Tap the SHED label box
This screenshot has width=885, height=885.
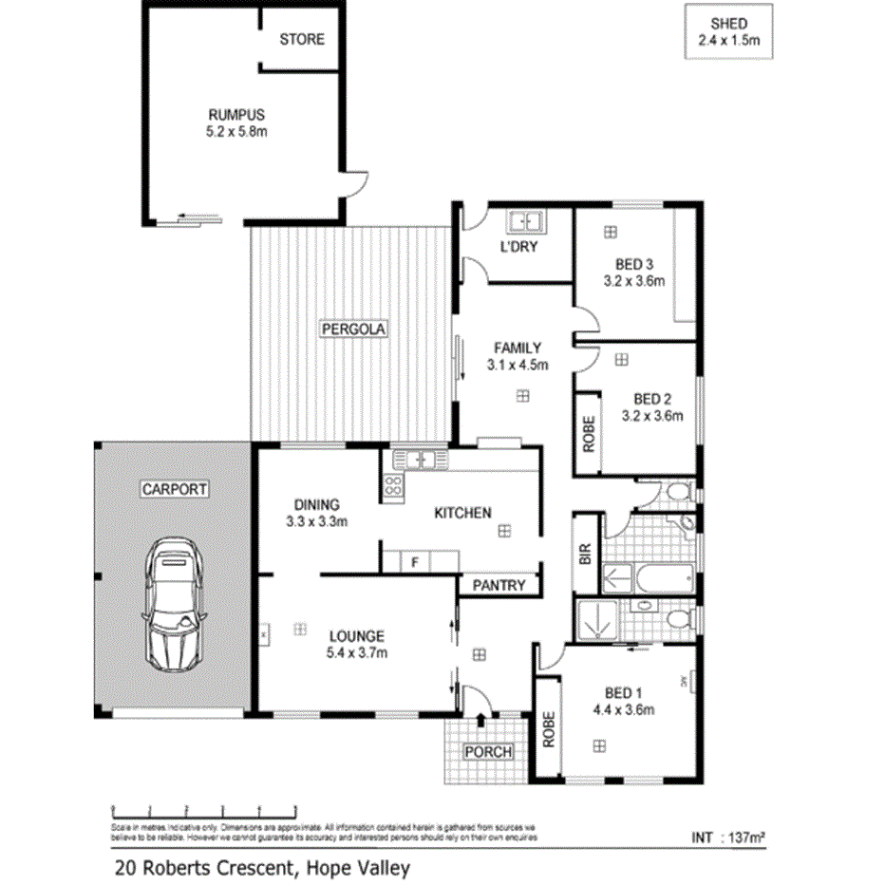click(x=729, y=32)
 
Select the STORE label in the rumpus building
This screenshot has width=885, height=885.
click(x=301, y=39)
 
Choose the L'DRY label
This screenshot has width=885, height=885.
click(x=519, y=247)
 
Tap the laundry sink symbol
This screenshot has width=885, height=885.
click(x=523, y=223)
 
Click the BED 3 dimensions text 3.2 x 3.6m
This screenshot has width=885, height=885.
click(x=632, y=281)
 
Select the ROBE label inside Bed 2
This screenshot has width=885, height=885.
click(x=588, y=433)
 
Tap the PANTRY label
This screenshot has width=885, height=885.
click(x=499, y=585)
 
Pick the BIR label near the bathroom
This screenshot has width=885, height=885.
click(x=585, y=555)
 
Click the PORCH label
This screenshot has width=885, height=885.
click(x=488, y=752)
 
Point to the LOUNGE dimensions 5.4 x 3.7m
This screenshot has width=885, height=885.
click(x=357, y=652)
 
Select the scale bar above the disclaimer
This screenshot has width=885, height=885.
click(x=204, y=809)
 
